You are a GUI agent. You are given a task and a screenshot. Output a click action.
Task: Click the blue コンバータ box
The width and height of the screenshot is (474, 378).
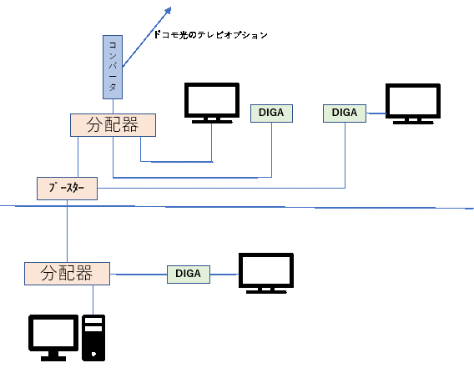point(113,67)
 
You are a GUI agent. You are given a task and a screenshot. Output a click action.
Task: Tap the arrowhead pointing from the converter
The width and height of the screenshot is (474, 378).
point(167,11)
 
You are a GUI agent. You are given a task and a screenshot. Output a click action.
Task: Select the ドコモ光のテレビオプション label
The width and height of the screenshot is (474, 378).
point(210,35)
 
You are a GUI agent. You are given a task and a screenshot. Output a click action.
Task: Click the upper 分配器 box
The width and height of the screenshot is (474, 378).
point(113,125)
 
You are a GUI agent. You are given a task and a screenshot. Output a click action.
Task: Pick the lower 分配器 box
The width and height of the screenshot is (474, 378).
point(67,274)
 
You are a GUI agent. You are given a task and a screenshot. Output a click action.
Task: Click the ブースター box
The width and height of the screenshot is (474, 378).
point(67,189)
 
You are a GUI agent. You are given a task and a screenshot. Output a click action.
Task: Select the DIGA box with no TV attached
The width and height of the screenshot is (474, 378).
point(271,113)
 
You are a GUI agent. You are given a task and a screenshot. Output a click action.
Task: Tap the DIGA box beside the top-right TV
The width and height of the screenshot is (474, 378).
point(345,113)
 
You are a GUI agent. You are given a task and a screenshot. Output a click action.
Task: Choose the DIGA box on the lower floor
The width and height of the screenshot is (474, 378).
point(189,275)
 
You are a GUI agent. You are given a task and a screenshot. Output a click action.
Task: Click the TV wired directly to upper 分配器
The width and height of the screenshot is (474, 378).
point(212,103)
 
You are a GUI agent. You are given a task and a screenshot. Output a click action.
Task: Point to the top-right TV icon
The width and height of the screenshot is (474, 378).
point(413,104)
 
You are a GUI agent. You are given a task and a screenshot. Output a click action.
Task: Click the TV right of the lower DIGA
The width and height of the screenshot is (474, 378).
point(266,273)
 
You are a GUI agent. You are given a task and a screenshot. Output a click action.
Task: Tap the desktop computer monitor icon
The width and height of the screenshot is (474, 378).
point(53,337)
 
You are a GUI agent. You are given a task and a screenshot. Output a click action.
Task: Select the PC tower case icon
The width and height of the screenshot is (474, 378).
point(93,338)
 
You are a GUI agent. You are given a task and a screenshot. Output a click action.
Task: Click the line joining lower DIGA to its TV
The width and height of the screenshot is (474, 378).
point(224,275)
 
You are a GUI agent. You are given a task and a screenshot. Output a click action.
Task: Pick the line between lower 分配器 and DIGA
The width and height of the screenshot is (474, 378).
point(139,275)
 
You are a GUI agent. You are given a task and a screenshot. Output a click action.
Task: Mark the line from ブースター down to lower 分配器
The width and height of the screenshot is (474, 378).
point(67,231)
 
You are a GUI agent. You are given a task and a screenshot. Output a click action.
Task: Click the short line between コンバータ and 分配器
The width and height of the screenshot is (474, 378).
point(113,106)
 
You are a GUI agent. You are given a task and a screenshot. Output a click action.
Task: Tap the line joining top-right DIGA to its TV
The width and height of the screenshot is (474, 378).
point(376,113)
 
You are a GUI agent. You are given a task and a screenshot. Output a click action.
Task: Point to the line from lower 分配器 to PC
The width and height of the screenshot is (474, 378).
point(93,300)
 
